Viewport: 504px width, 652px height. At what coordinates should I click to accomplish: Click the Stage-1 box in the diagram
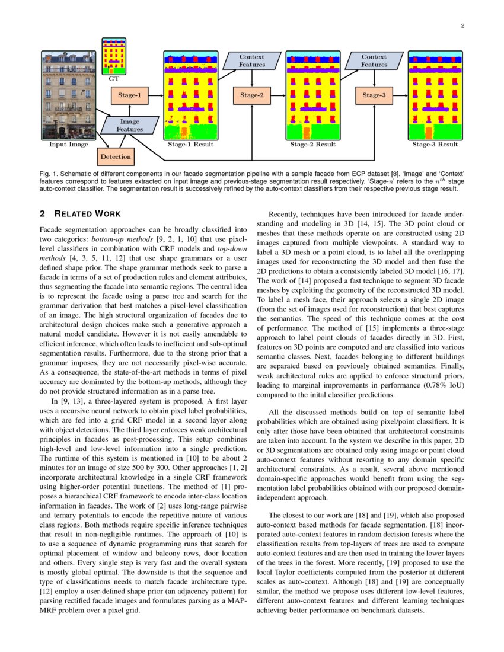[129, 95]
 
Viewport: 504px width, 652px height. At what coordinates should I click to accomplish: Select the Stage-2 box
[252, 95]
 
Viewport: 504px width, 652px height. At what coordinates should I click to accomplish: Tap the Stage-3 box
[374, 95]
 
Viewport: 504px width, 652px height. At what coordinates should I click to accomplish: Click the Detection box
[115, 156]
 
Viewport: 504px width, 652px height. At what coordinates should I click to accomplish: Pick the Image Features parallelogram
[129, 125]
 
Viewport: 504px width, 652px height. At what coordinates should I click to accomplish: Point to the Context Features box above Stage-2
[252, 60]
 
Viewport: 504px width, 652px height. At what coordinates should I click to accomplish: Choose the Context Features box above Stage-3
[374, 60]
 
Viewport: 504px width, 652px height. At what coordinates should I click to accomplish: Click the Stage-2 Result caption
[313, 145]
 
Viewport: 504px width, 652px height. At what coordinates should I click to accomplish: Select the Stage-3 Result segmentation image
[435, 95]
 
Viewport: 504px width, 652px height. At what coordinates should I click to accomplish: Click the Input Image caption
[68, 145]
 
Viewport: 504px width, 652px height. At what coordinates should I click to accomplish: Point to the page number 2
[462, 25]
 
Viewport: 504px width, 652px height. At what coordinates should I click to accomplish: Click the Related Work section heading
[80, 214]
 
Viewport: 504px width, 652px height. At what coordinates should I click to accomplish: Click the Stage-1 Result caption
[191, 145]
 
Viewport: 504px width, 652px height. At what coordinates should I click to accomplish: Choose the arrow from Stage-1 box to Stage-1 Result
[155, 95]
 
